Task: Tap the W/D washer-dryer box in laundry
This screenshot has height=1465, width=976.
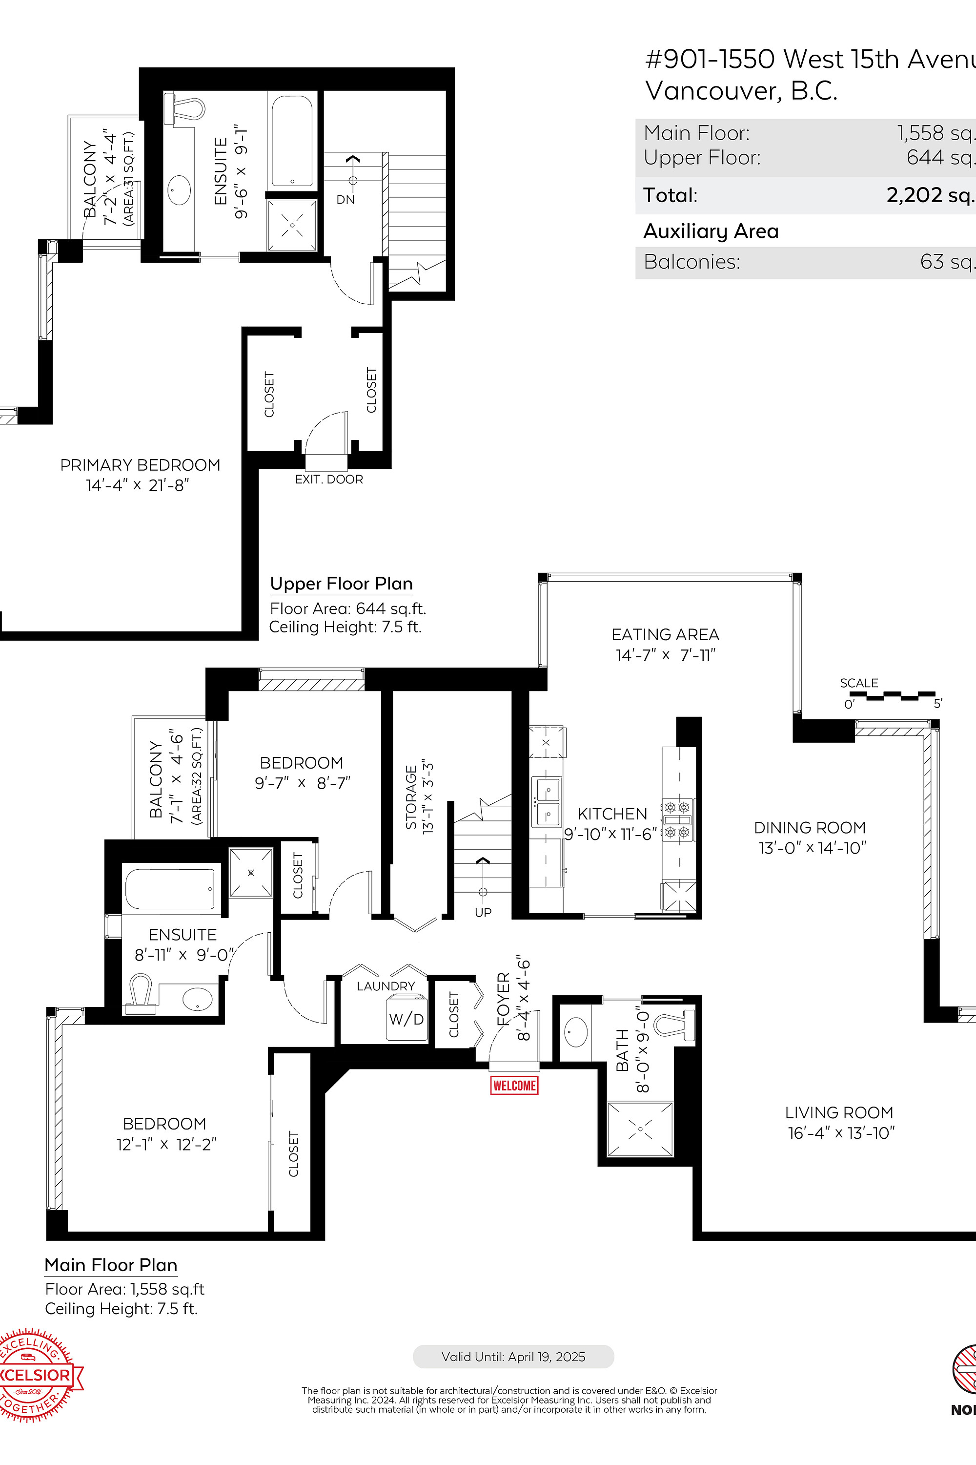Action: (407, 1019)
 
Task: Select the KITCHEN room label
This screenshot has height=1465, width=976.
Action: (612, 814)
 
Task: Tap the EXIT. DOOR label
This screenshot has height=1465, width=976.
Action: (328, 479)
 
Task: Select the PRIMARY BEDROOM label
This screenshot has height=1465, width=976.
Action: (140, 465)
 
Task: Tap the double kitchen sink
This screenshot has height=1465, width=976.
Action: (546, 802)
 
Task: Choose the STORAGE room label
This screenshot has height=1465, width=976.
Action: (411, 798)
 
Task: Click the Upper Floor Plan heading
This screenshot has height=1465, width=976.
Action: (341, 584)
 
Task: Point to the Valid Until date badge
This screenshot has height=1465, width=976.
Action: (513, 1357)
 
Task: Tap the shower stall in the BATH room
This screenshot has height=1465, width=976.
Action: (640, 1129)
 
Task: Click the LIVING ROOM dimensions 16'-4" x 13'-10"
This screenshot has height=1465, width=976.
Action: (841, 1132)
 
